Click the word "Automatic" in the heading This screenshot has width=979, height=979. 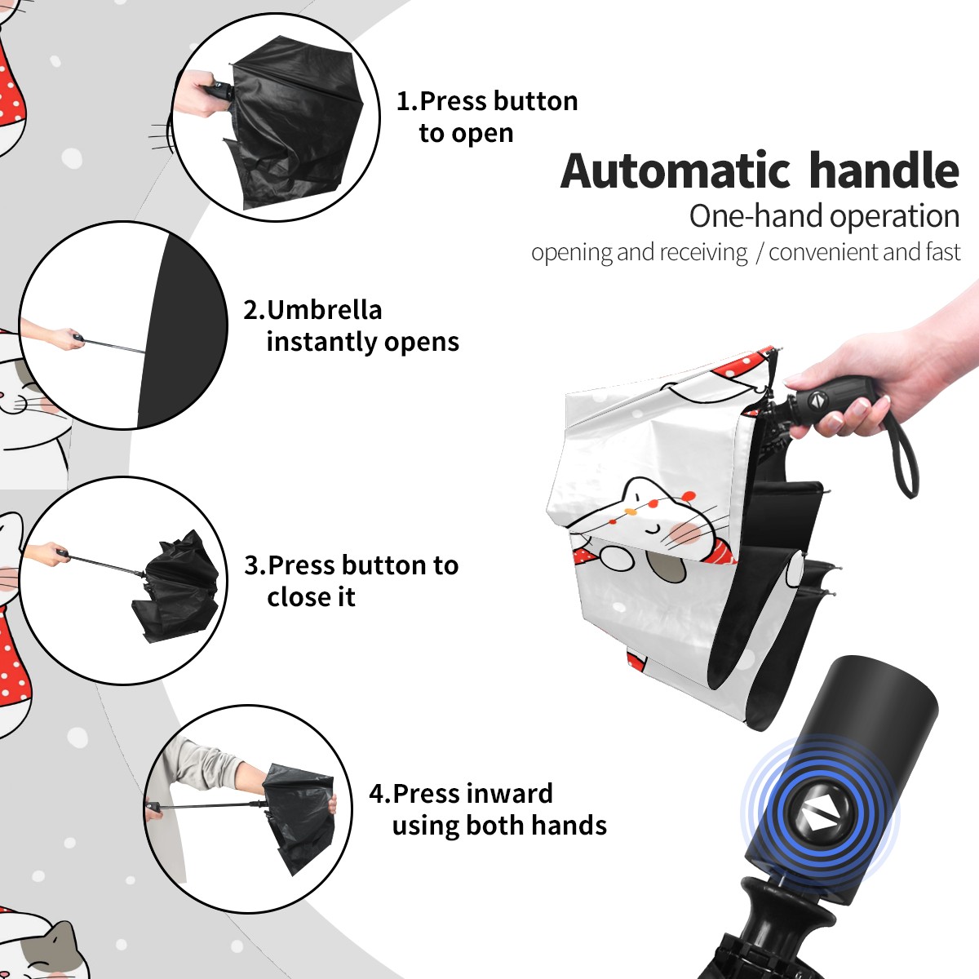(675, 171)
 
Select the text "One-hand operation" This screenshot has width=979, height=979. (824, 217)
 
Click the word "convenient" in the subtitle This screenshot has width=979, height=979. (823, 252)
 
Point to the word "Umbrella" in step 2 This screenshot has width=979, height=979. (325, 310)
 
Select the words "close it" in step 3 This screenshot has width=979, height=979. (311, 596)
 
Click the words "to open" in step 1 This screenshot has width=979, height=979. (466, 134)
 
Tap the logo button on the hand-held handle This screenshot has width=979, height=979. (817, 401)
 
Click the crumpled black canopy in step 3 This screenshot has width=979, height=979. (175, 587)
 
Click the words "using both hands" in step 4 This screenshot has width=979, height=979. (499, 825)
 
